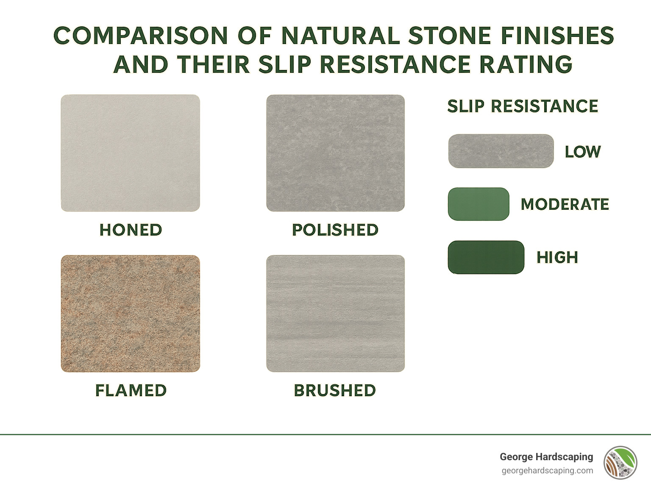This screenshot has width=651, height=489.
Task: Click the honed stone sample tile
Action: pos(130,153)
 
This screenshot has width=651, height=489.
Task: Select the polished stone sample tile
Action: pos(335,153)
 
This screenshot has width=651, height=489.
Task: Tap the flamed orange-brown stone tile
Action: pos(130,314)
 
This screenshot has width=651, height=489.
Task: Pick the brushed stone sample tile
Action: pos(335,314)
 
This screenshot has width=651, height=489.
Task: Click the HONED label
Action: pos(131,230)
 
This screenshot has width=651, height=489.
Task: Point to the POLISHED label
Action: pos(335,230)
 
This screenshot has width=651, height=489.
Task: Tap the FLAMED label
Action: pos(131,390)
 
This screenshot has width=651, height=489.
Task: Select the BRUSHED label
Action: pos(335,390)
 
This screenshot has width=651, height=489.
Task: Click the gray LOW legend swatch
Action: pos(501,151)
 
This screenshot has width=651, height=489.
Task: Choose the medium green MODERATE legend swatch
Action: pos(478,204)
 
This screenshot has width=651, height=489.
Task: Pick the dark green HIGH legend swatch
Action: pos(486,257)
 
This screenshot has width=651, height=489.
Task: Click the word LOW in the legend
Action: pos(583,152)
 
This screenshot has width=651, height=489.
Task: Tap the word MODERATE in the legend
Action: pos(565,204)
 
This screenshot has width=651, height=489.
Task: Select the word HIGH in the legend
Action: pos(557,257)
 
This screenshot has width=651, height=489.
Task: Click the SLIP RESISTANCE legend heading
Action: pos(523,106)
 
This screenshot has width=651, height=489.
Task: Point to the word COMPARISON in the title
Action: pos(141,36)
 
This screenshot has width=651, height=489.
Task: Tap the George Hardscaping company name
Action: pos(546,457)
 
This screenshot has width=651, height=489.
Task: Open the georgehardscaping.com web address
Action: pos(547,470)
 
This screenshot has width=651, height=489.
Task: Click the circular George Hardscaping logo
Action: pos(620,462)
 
